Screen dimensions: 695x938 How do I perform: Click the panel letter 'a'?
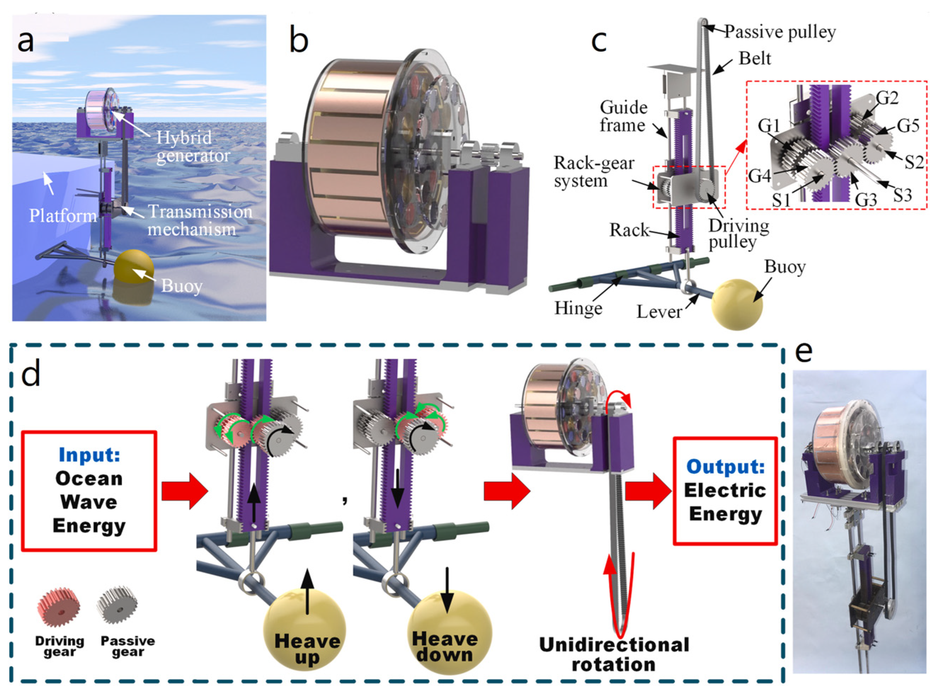coord(25,42)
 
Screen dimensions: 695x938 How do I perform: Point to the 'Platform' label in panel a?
coord(63,216)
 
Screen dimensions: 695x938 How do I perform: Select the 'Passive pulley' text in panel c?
coord(779,32)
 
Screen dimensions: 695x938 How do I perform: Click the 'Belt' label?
coord(755,58)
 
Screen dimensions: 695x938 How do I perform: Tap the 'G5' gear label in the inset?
coord(908,125)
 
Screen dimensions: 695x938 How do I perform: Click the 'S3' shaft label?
coord(902,195)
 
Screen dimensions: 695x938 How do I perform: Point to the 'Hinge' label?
coord(578,308)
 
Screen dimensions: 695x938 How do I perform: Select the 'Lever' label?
coord(658,312)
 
